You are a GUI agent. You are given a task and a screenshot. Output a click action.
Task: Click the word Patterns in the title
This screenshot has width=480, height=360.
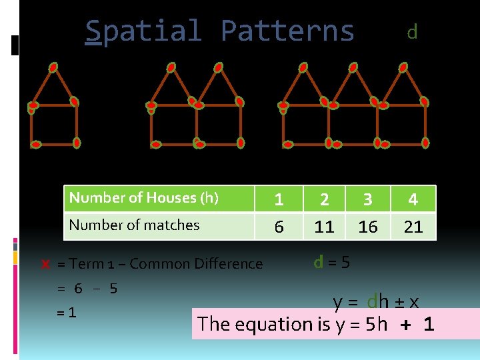click(287, 31)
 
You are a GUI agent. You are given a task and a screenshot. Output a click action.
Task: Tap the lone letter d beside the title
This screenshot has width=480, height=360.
click(412, 31)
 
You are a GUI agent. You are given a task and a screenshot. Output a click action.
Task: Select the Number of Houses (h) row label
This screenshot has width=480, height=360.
click(144, 197)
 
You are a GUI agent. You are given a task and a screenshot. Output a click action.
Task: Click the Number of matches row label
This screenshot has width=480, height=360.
click(134, 225)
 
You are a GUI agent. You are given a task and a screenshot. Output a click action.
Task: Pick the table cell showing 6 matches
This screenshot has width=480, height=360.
click(279, 227)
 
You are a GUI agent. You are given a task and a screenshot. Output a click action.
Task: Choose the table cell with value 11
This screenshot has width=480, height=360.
click(324, 227)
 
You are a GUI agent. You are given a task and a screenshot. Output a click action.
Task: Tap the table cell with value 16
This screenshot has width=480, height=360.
click(367, 227)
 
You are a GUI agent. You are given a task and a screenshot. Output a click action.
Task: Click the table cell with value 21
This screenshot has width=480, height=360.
click(413, 227)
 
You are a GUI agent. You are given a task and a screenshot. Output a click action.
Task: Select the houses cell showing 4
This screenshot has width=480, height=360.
click(413, 199)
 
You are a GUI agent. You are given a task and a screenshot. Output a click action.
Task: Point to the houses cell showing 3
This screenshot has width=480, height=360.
click(367, 199)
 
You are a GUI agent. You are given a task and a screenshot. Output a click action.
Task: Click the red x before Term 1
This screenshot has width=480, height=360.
click(45, 264)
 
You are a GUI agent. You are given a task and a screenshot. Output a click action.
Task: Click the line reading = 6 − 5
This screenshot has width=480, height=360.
click(87, 289)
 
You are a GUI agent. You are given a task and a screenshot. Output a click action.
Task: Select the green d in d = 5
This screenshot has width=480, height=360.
click(319, 261)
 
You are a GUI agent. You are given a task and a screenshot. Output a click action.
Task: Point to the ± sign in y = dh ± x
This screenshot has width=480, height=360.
click(399, 302)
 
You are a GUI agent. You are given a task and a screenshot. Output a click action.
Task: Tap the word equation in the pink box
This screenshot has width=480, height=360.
click(301, 325)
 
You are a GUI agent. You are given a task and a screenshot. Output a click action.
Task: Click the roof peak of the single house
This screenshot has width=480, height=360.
click(53, 67)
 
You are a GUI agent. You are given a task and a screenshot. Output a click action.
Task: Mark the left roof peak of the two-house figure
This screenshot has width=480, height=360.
click(171, 67)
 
